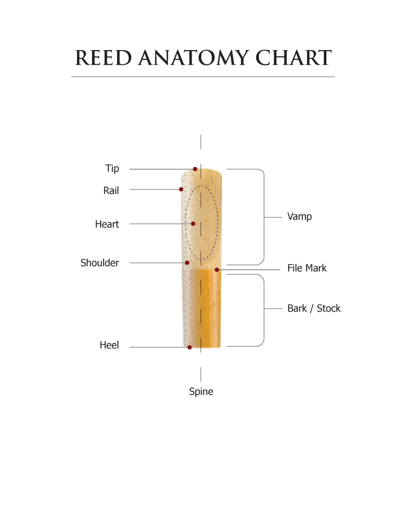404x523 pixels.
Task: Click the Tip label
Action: point(112,169)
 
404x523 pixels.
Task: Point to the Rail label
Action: point(111,191)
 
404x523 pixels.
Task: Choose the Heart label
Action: point(107,224)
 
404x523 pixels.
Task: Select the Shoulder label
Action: point(100,263)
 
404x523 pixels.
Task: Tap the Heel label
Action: point(109,346)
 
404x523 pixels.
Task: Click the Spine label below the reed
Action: point(201,392)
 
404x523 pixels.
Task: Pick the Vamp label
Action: point(299,217)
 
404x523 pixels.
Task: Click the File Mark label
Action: point(307,268)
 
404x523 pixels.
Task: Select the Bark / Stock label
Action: point(314,308)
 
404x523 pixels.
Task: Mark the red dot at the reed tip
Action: point(195,169)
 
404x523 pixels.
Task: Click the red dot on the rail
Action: point(181,189)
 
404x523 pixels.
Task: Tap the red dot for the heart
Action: point(193,224)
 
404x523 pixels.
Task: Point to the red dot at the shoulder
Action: point(187,263)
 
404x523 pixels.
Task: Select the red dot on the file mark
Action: point(217,269)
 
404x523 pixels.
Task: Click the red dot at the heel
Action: point(189,347)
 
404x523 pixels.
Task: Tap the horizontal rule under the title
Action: point(203,77)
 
